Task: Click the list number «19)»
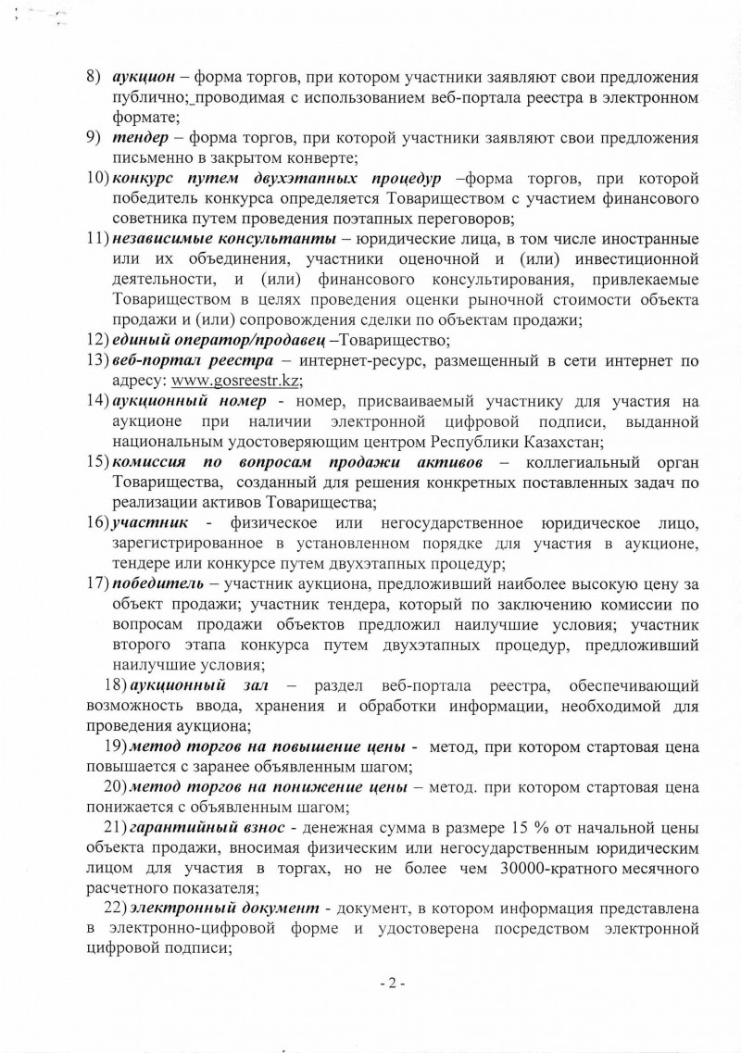[117, 746]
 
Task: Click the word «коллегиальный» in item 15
[583, 461]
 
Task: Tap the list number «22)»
[117, 907]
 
